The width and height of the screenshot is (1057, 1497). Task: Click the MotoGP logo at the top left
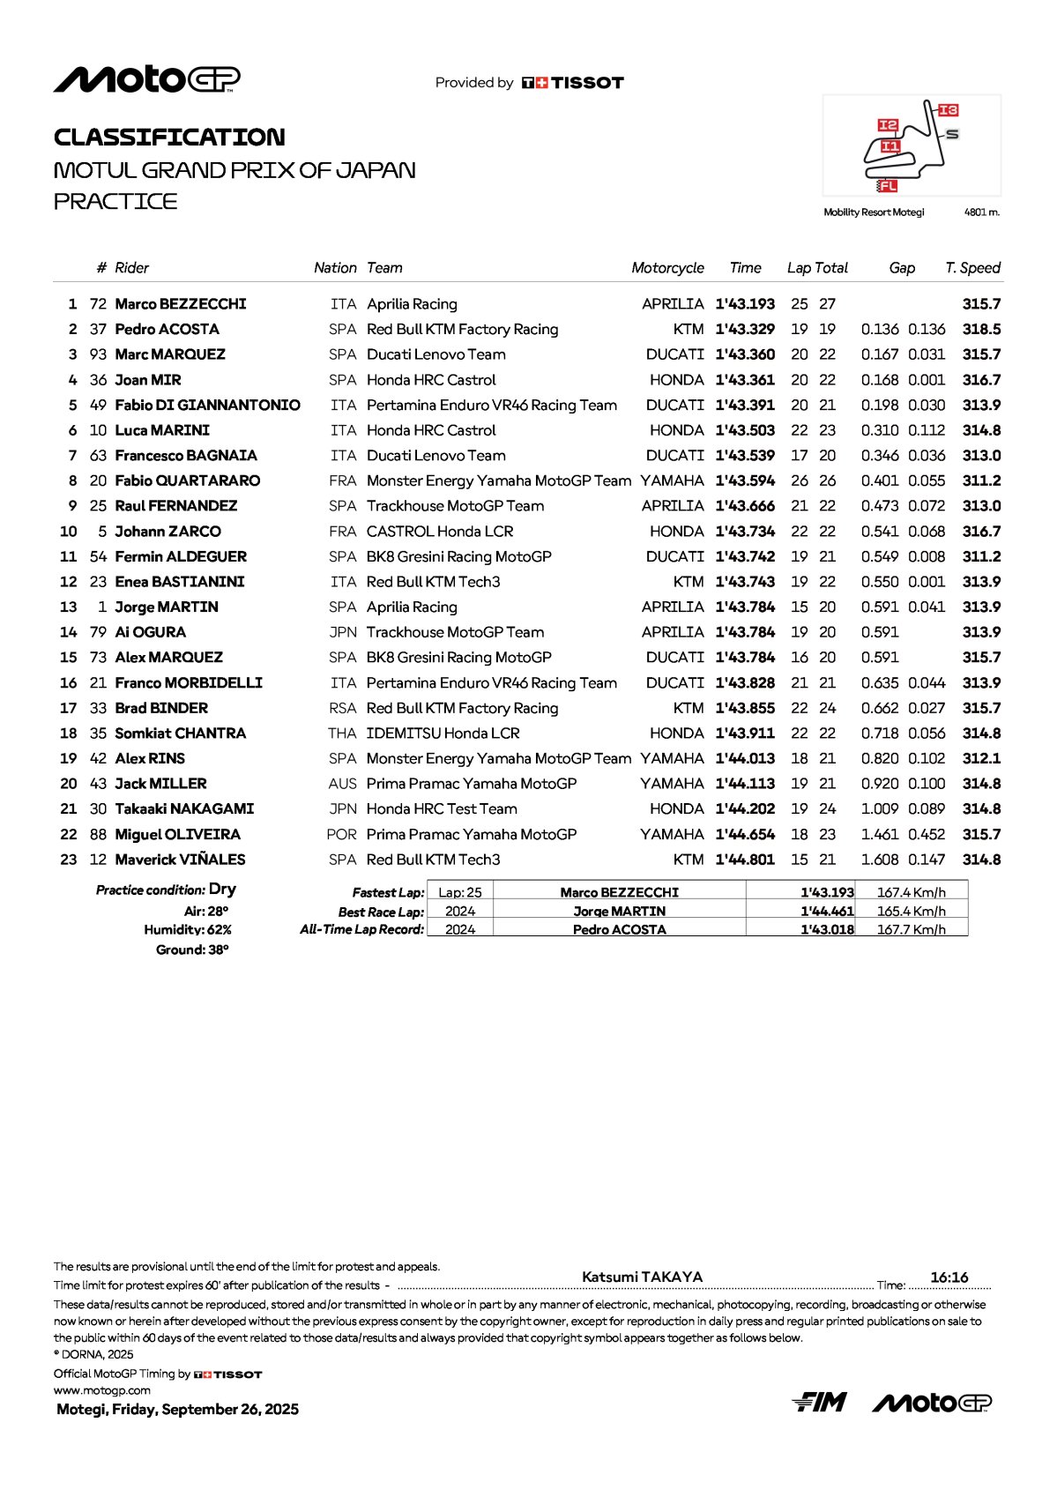coord(146,79)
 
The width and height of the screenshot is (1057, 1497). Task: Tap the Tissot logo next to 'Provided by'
coord(573,83)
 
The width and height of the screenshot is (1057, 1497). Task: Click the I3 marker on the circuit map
coord(948,110)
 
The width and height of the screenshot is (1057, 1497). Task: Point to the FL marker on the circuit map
coord(888,186)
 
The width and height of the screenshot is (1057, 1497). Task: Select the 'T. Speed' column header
coord(972,268)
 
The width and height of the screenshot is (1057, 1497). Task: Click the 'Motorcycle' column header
coord(667,268)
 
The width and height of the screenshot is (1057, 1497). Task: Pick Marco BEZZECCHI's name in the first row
coord(181,304)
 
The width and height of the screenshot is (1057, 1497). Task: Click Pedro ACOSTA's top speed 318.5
coord(981,329)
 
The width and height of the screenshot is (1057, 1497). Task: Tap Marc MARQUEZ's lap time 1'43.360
coord(745,354)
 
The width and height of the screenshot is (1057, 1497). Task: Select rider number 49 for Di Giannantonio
coord(98,406)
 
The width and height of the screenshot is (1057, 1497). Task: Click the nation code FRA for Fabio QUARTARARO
coord(343,481)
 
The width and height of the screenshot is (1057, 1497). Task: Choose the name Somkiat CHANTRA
coord(181,734)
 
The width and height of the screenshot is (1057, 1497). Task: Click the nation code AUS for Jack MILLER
coord(342,784)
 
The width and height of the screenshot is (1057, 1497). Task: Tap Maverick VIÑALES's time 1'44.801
coord(745,860)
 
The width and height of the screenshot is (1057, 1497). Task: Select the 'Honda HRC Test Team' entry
coord(442,809)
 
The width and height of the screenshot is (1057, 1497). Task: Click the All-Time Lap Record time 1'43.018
coord(827,929)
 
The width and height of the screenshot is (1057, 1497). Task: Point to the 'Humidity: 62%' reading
coord(188,930)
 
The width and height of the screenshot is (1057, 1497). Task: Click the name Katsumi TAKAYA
coord(642,1277)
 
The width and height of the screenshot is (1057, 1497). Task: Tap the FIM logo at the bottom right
coord(819,1402)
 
